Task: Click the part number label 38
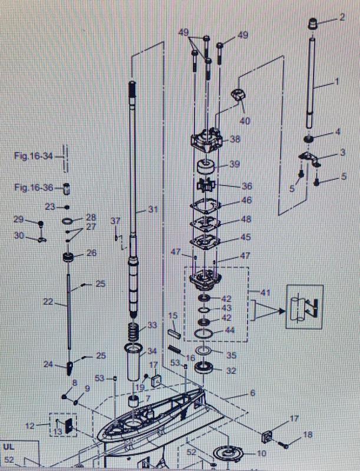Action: coord(235,140)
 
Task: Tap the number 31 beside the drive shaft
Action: coord(154,210)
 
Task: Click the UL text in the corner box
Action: coord(9,447)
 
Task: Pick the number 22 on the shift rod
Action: coord(48,301)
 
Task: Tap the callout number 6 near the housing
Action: coord(253,393)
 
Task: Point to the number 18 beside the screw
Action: coord(308,434)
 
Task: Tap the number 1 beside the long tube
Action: coord(337,80)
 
